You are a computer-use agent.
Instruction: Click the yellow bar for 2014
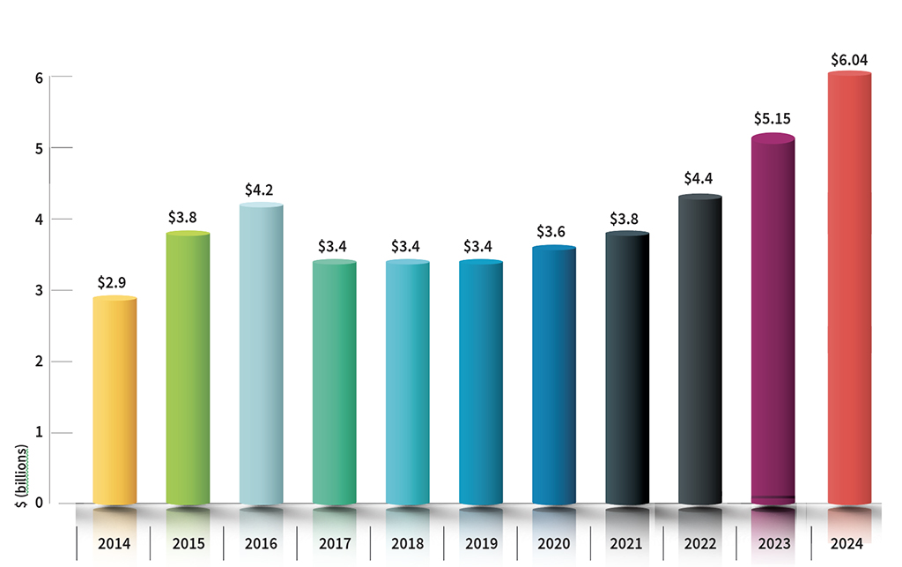(115, 401)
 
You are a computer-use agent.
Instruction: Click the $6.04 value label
(850, 60)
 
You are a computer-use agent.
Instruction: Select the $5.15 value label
(773, 117)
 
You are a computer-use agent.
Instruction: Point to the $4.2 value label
(261, 190)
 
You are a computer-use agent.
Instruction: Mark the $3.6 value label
(554, 232)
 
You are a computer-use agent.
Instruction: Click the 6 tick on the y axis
(40, 77)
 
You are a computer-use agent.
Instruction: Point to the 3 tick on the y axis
(40, 290)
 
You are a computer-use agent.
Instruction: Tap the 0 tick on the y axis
(40, 504)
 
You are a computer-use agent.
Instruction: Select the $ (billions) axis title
(24, 477)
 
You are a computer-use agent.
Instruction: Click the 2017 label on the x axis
(334, 543)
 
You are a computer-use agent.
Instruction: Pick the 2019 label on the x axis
(480, 543)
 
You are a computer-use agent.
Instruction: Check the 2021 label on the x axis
(627, 543)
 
